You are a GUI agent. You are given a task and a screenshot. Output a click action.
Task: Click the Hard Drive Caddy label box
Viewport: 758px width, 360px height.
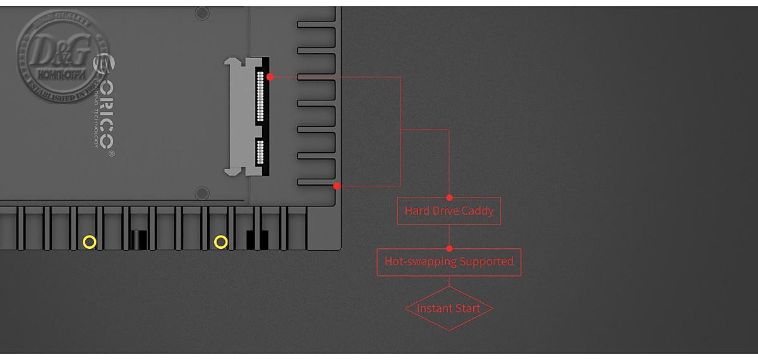(x=448, y=211)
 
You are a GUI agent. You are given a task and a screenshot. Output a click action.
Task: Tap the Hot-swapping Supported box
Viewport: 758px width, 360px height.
(x=448, y=261)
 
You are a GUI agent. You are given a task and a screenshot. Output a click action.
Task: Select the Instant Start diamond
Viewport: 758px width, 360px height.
(x=448, y=308)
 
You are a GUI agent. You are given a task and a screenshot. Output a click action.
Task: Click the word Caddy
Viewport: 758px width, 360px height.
(x=478, y=211)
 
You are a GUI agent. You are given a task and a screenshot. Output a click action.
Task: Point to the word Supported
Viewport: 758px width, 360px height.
(x=486, y=261)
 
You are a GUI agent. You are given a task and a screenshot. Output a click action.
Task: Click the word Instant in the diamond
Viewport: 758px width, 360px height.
(x=433, y=308)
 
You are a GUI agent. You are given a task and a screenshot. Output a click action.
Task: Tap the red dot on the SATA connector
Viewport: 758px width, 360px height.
(x=270, y=76)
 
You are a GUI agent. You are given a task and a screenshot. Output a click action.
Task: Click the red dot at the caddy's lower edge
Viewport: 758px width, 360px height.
(x=337, y=186)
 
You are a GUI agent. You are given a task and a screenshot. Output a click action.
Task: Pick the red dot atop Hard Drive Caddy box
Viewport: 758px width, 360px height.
(x=449, y=198)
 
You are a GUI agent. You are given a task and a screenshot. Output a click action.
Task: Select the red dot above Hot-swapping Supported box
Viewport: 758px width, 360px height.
(x=449, y=248)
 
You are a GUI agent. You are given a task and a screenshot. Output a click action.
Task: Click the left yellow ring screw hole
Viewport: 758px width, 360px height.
(x=90, y=241)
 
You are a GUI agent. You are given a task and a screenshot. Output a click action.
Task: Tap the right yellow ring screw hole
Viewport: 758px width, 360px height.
(x=220, y=241)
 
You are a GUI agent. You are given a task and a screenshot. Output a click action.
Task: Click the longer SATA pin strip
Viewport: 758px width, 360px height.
(x=260, y=96)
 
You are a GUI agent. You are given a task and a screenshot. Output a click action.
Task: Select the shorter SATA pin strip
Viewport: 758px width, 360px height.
(x=260, y=153)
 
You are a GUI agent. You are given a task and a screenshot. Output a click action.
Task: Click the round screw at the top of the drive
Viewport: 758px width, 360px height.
(x=202, y=13)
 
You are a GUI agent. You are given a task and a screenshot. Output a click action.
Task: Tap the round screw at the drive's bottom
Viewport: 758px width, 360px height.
(x=202, y=192)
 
